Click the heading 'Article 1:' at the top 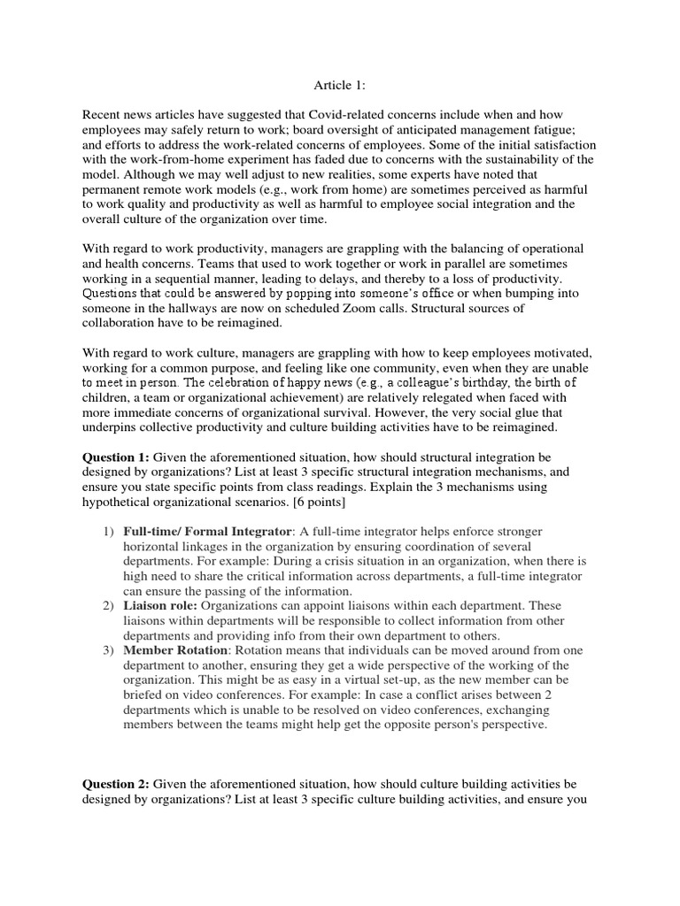(x=340, y=85)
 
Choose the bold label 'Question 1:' (x=116, y=457)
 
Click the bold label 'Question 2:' (x=116, y=784)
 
